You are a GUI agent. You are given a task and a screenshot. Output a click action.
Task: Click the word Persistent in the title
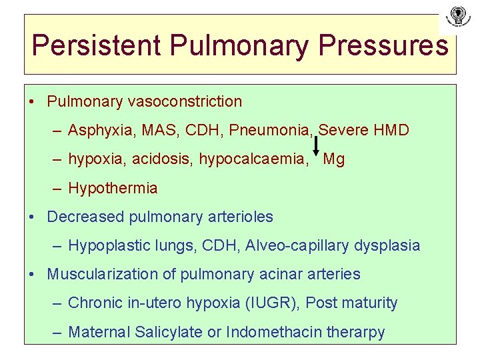[x=97, y=45]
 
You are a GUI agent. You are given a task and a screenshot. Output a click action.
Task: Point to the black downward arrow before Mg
[x=315, y=145]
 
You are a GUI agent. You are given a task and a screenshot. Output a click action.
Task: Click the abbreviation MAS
[x=151, y=130]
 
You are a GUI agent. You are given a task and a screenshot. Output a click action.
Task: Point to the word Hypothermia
[x=113, y=188]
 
